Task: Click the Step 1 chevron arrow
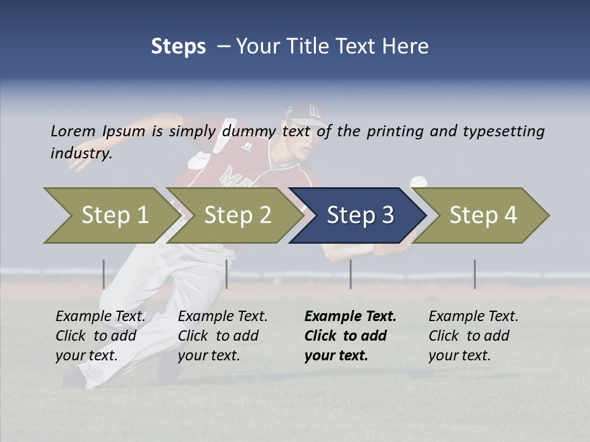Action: pyautogui.click(x=111, y=215)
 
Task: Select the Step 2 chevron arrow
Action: pyautogui.click(x=234, y=215)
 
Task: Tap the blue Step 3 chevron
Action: pyautogui.click(x=358, y=215)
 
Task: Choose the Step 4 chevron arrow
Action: pyautogui.click(x=481, y=215)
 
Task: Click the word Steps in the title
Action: pyautogui.click(x=178, y=46)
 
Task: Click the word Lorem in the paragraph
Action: pyautogui.click(x=73, y=131)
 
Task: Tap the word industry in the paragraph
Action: pyautogui.click(x=81, y=153)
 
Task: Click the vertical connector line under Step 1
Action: pyautogui.click(x=104, y=274)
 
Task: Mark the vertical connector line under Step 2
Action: pyautogui.click(x=227, y=274)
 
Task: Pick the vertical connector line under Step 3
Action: pyautogui.click(x=350, y=274)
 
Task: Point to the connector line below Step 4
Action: pyautogui.click(x=474, y=274)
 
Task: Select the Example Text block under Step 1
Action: pyautogui.click(x=100, y=336)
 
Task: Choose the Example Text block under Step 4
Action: pyautogui.click(x=473, y=336)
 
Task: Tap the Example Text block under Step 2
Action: pyautogui.click(x=222, y=336)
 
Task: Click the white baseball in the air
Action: pyautogui.click(x=419, y=182)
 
